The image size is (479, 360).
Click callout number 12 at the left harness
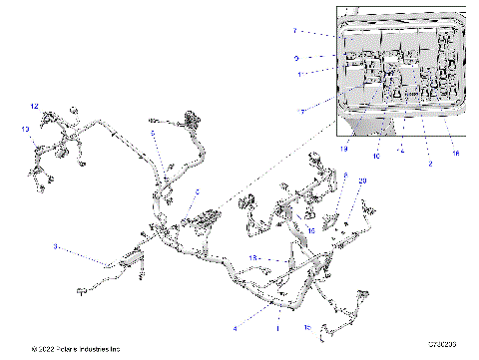33,106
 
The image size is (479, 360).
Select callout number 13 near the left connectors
25,129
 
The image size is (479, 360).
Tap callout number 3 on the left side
56,245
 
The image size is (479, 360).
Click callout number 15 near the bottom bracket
306,326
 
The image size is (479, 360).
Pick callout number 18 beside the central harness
253,257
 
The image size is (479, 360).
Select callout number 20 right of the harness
361,180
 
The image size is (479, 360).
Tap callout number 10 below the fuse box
376,155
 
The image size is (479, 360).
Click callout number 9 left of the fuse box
296,58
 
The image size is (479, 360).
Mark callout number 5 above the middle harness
152,132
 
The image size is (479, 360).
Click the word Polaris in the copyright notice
69,349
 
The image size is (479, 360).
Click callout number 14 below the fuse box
400,150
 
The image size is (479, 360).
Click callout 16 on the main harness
310,229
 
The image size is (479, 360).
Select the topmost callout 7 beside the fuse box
295,32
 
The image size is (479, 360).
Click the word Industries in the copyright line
101,349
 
